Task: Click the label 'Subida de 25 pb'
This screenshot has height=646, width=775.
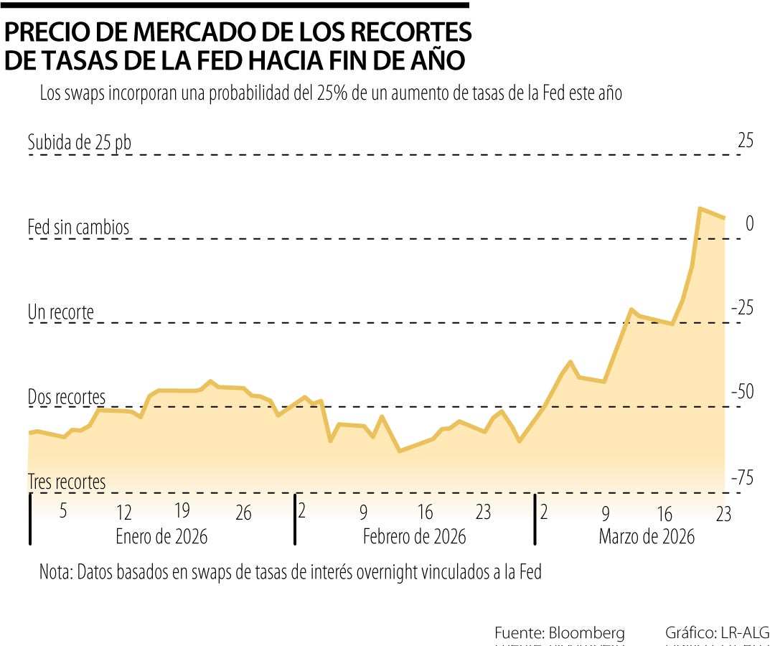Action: coord(80,142)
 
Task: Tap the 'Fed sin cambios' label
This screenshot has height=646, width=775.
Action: coord(78,228)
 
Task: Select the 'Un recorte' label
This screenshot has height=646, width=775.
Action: coord(61,312)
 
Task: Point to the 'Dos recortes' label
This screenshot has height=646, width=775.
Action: coord(66,397)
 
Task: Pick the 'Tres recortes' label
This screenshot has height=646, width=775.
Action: coord(67,482)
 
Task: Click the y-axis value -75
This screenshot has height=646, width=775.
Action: coord(742,477)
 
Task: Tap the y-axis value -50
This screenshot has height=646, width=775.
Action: coord(742,392)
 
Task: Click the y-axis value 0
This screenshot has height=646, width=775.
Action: coord(750,224)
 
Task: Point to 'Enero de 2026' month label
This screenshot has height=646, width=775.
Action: coord(161,536)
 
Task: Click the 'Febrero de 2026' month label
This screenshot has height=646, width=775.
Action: coord(414,536)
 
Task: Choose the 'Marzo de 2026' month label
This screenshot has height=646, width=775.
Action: coord(647,536)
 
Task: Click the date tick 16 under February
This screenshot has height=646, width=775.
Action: coord(426,512)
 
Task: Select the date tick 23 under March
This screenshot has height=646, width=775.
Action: coord(723,514)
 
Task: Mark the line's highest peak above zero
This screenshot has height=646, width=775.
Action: coord(699,208)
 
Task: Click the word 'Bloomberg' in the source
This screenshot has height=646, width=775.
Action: coord(586,633)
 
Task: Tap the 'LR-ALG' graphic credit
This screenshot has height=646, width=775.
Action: coord(743,633)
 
